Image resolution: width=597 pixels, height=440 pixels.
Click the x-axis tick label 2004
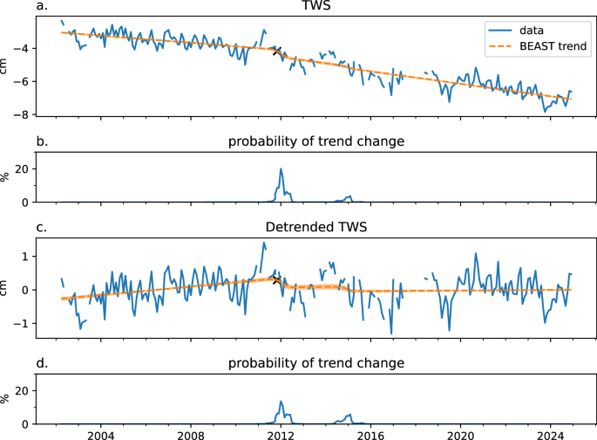100,434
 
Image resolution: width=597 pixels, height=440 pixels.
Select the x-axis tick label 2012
280,434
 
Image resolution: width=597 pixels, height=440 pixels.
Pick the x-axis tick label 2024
550,434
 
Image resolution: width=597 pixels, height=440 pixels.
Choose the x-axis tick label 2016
370,434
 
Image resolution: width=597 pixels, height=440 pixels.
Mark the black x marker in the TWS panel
277,52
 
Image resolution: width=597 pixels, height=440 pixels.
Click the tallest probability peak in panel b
281,169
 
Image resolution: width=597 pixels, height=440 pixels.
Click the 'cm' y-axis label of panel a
7,65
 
